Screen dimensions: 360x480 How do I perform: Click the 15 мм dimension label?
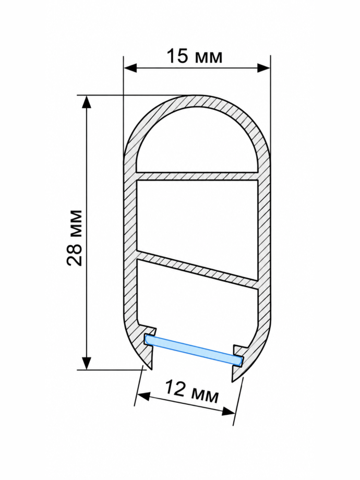click(195, 57)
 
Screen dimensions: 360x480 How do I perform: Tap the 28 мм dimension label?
click(75, 238)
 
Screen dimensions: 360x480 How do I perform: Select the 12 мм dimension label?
click(192, 391)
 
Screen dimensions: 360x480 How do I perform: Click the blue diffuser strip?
click(194, 351)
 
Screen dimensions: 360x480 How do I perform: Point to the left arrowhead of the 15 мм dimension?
click(130, 68)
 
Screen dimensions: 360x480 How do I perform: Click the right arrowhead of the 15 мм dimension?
click(264, 68)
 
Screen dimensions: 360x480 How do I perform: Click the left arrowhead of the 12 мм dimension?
click(143, 396)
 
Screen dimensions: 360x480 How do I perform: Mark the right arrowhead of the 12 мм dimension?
click(229, 412)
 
